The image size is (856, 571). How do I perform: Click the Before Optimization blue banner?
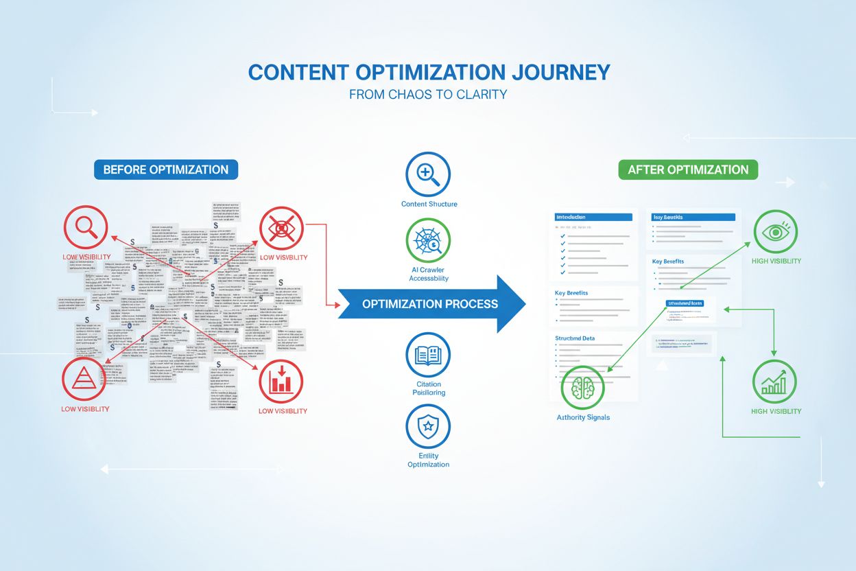[166, 170]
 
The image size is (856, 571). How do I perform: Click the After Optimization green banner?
[688, 170]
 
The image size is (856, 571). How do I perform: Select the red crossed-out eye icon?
[282, 228]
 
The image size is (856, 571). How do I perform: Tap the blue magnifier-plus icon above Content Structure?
[428, 174]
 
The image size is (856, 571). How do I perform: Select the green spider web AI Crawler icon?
[428, 242]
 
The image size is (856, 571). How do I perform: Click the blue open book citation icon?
[428, 355]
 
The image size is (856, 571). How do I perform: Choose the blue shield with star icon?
[428, 426]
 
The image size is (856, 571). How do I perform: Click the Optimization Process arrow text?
[430, 304]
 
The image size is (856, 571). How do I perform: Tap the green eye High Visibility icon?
[776, 232]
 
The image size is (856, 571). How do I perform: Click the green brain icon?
[584, 387]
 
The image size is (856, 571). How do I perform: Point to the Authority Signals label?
[583, 417]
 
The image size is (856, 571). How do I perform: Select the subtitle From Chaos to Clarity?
[428, 95]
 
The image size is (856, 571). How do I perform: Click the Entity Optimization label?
[428, 460]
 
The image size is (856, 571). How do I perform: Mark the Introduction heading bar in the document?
[594, 217]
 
